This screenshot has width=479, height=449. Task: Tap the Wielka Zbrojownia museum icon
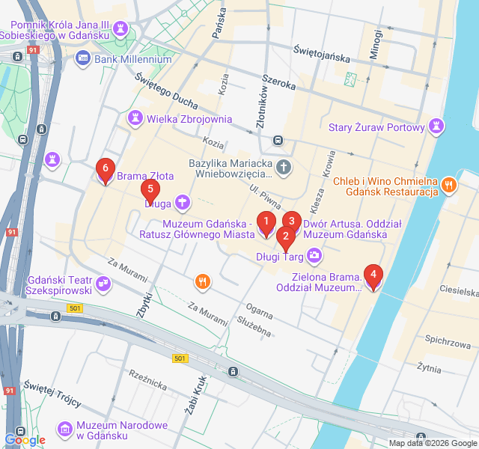click(135, 118)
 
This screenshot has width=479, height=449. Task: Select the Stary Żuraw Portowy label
click(376, 127)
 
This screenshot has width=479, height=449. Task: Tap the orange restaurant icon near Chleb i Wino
click(449, 184)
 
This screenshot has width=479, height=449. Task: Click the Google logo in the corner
click(25, 440)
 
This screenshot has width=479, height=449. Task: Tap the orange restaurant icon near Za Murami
click(201, 281)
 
